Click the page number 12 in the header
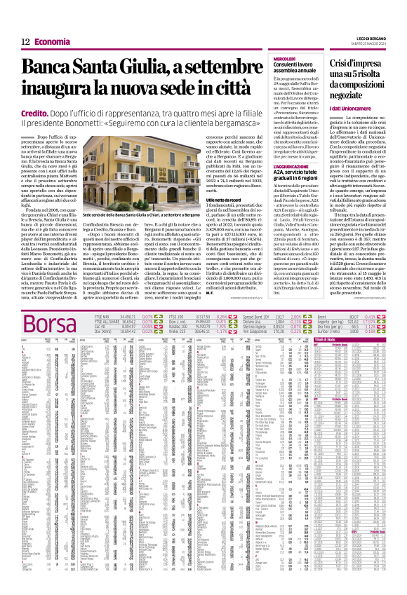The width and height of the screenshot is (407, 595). tap(25, 42)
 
